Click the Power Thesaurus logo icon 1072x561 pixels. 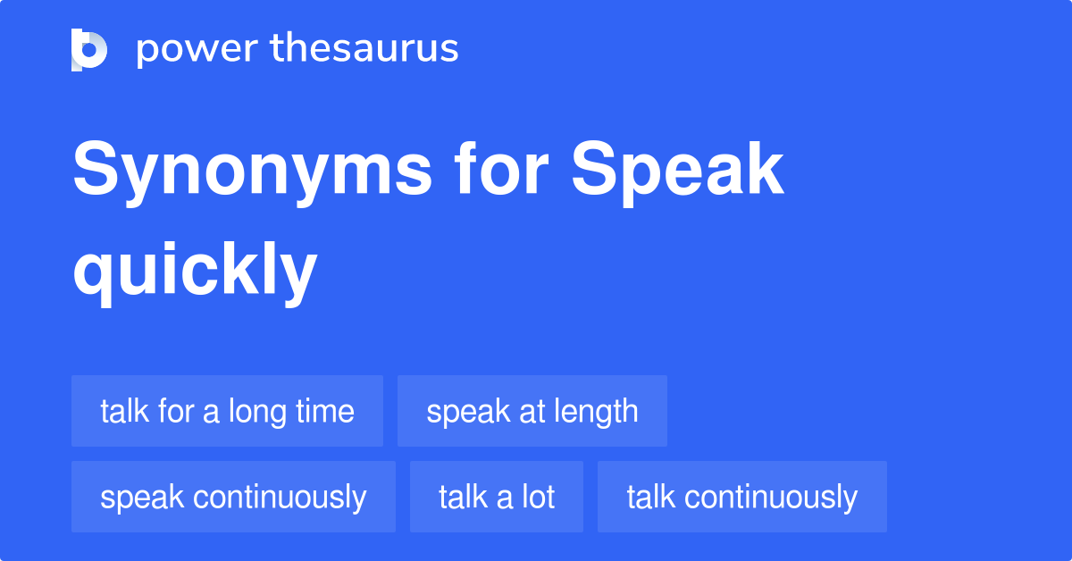pos(89,49)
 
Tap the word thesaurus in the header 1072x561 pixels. pos(364,49)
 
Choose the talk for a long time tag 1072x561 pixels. pos(227,411)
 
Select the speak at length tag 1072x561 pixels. pos(532,411)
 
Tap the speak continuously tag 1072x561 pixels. pos(233,497)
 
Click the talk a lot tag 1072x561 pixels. pos(497,497)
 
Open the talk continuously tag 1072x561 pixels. pos(741,497)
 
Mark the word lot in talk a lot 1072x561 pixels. pos(538,497)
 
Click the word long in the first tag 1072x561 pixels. pos(256,411)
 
